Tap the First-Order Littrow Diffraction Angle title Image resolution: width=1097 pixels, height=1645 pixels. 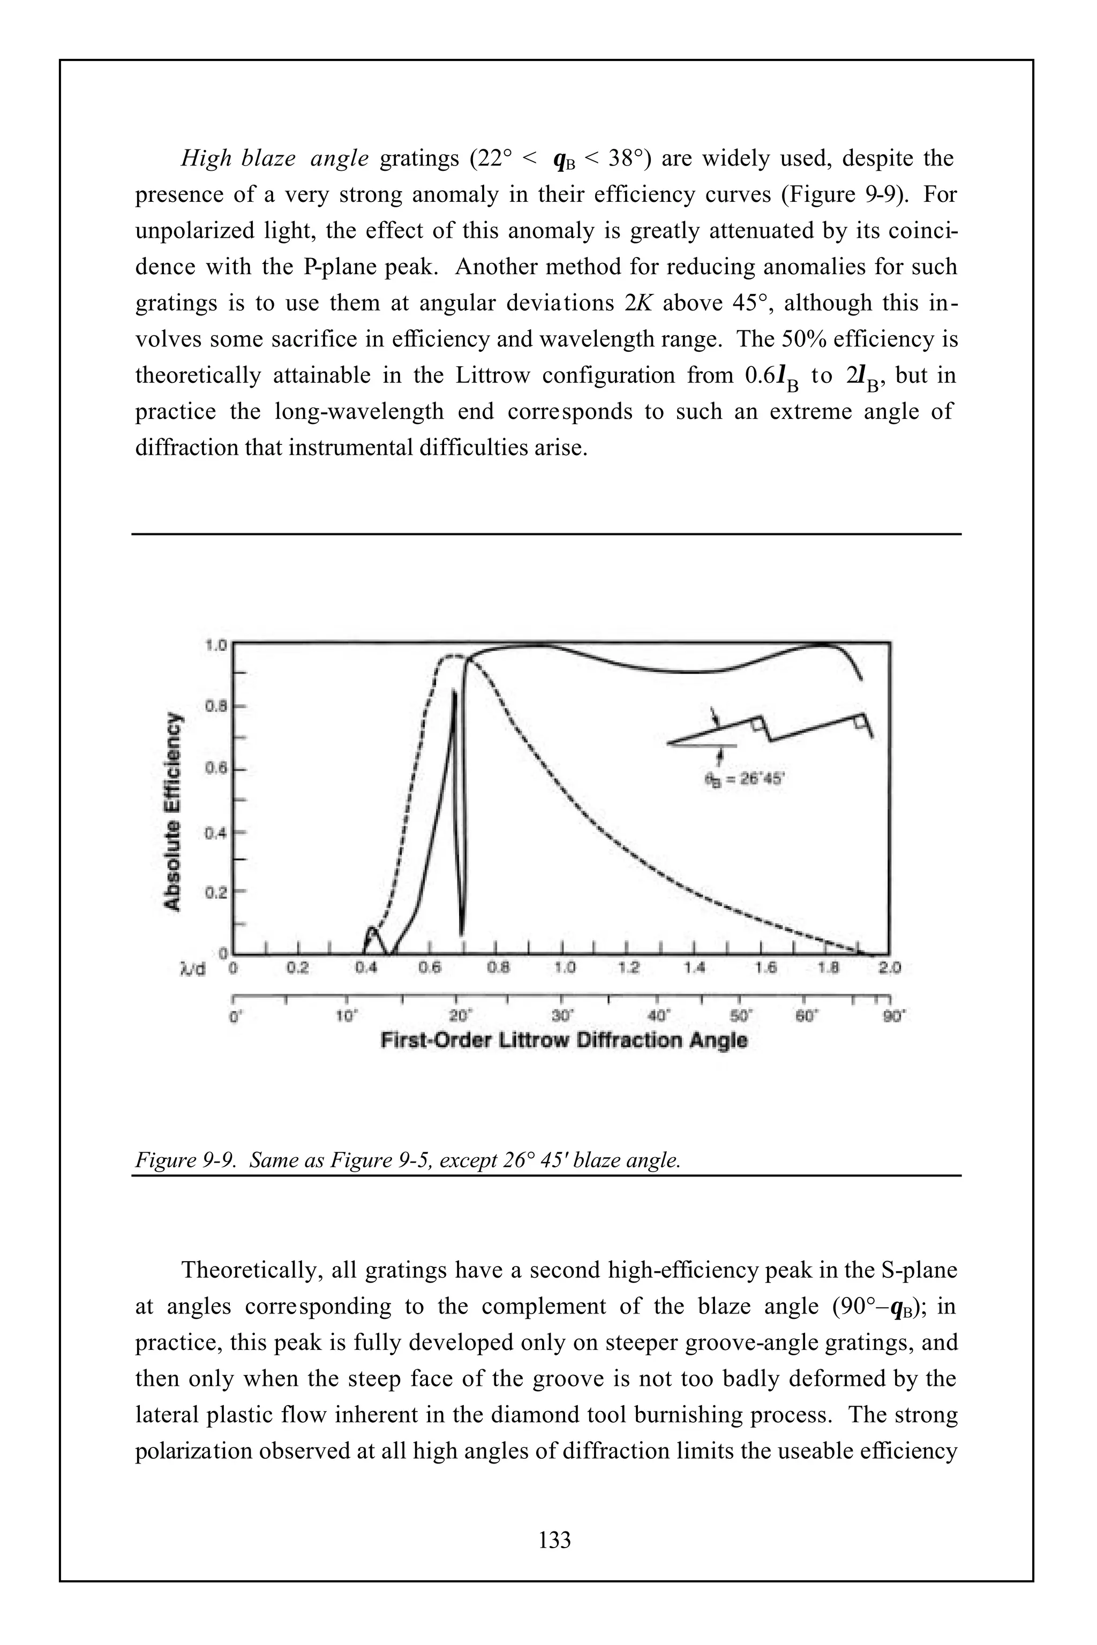click(x=564, y=1040)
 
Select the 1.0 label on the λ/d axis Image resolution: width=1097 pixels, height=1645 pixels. click(x=565, y=969)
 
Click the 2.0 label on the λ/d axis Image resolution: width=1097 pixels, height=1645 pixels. click(x=890, y=969)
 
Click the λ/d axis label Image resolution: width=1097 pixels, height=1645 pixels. click(x=192, y=969)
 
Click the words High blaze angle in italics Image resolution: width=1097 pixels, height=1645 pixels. click(x=274, y=159)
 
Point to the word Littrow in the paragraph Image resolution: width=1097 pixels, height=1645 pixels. click(x=493, y=375)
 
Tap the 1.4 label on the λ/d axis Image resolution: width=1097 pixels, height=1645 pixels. click(x=694, y=969)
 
